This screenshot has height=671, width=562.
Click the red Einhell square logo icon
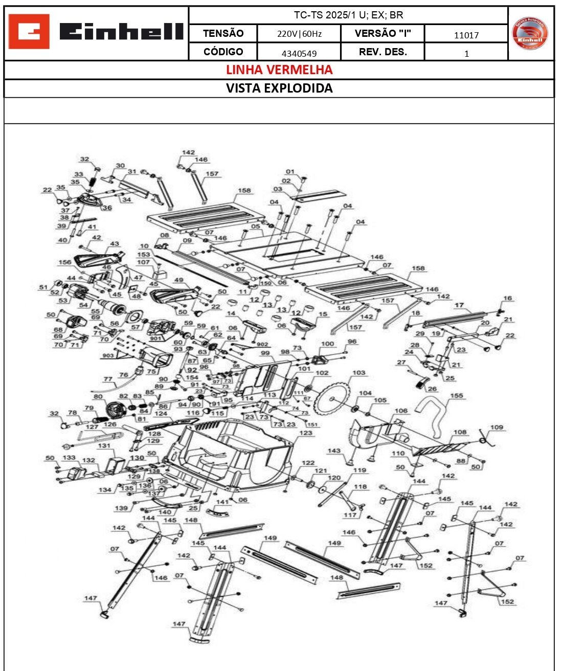coord(29,32)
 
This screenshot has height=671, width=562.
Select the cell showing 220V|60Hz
coord(299,34)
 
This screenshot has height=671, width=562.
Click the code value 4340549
coord(299,53)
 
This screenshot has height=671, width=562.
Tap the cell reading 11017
coord(466,35)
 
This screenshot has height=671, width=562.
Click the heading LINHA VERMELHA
coord(279,70)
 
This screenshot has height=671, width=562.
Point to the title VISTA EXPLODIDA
coord(279,88)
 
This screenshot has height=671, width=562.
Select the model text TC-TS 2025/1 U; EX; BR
coord(348,15)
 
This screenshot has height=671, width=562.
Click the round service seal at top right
coord(530,34)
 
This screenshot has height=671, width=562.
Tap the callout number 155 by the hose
coord(456,395)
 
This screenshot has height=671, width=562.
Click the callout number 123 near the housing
coord(305,433)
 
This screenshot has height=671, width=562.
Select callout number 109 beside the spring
coord(497,427)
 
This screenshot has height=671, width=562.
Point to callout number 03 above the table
coord(278,189)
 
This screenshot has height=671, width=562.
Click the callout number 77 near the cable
coord(107,379)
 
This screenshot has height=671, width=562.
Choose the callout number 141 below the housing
coord(222,502)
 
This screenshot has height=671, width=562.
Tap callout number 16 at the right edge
coord(507,298)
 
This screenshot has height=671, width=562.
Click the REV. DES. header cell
coord(383,52)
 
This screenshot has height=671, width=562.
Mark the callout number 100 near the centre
coord(327,344)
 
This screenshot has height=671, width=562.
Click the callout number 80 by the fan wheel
coord(98,396)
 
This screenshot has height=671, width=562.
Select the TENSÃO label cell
coord(223,33)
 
